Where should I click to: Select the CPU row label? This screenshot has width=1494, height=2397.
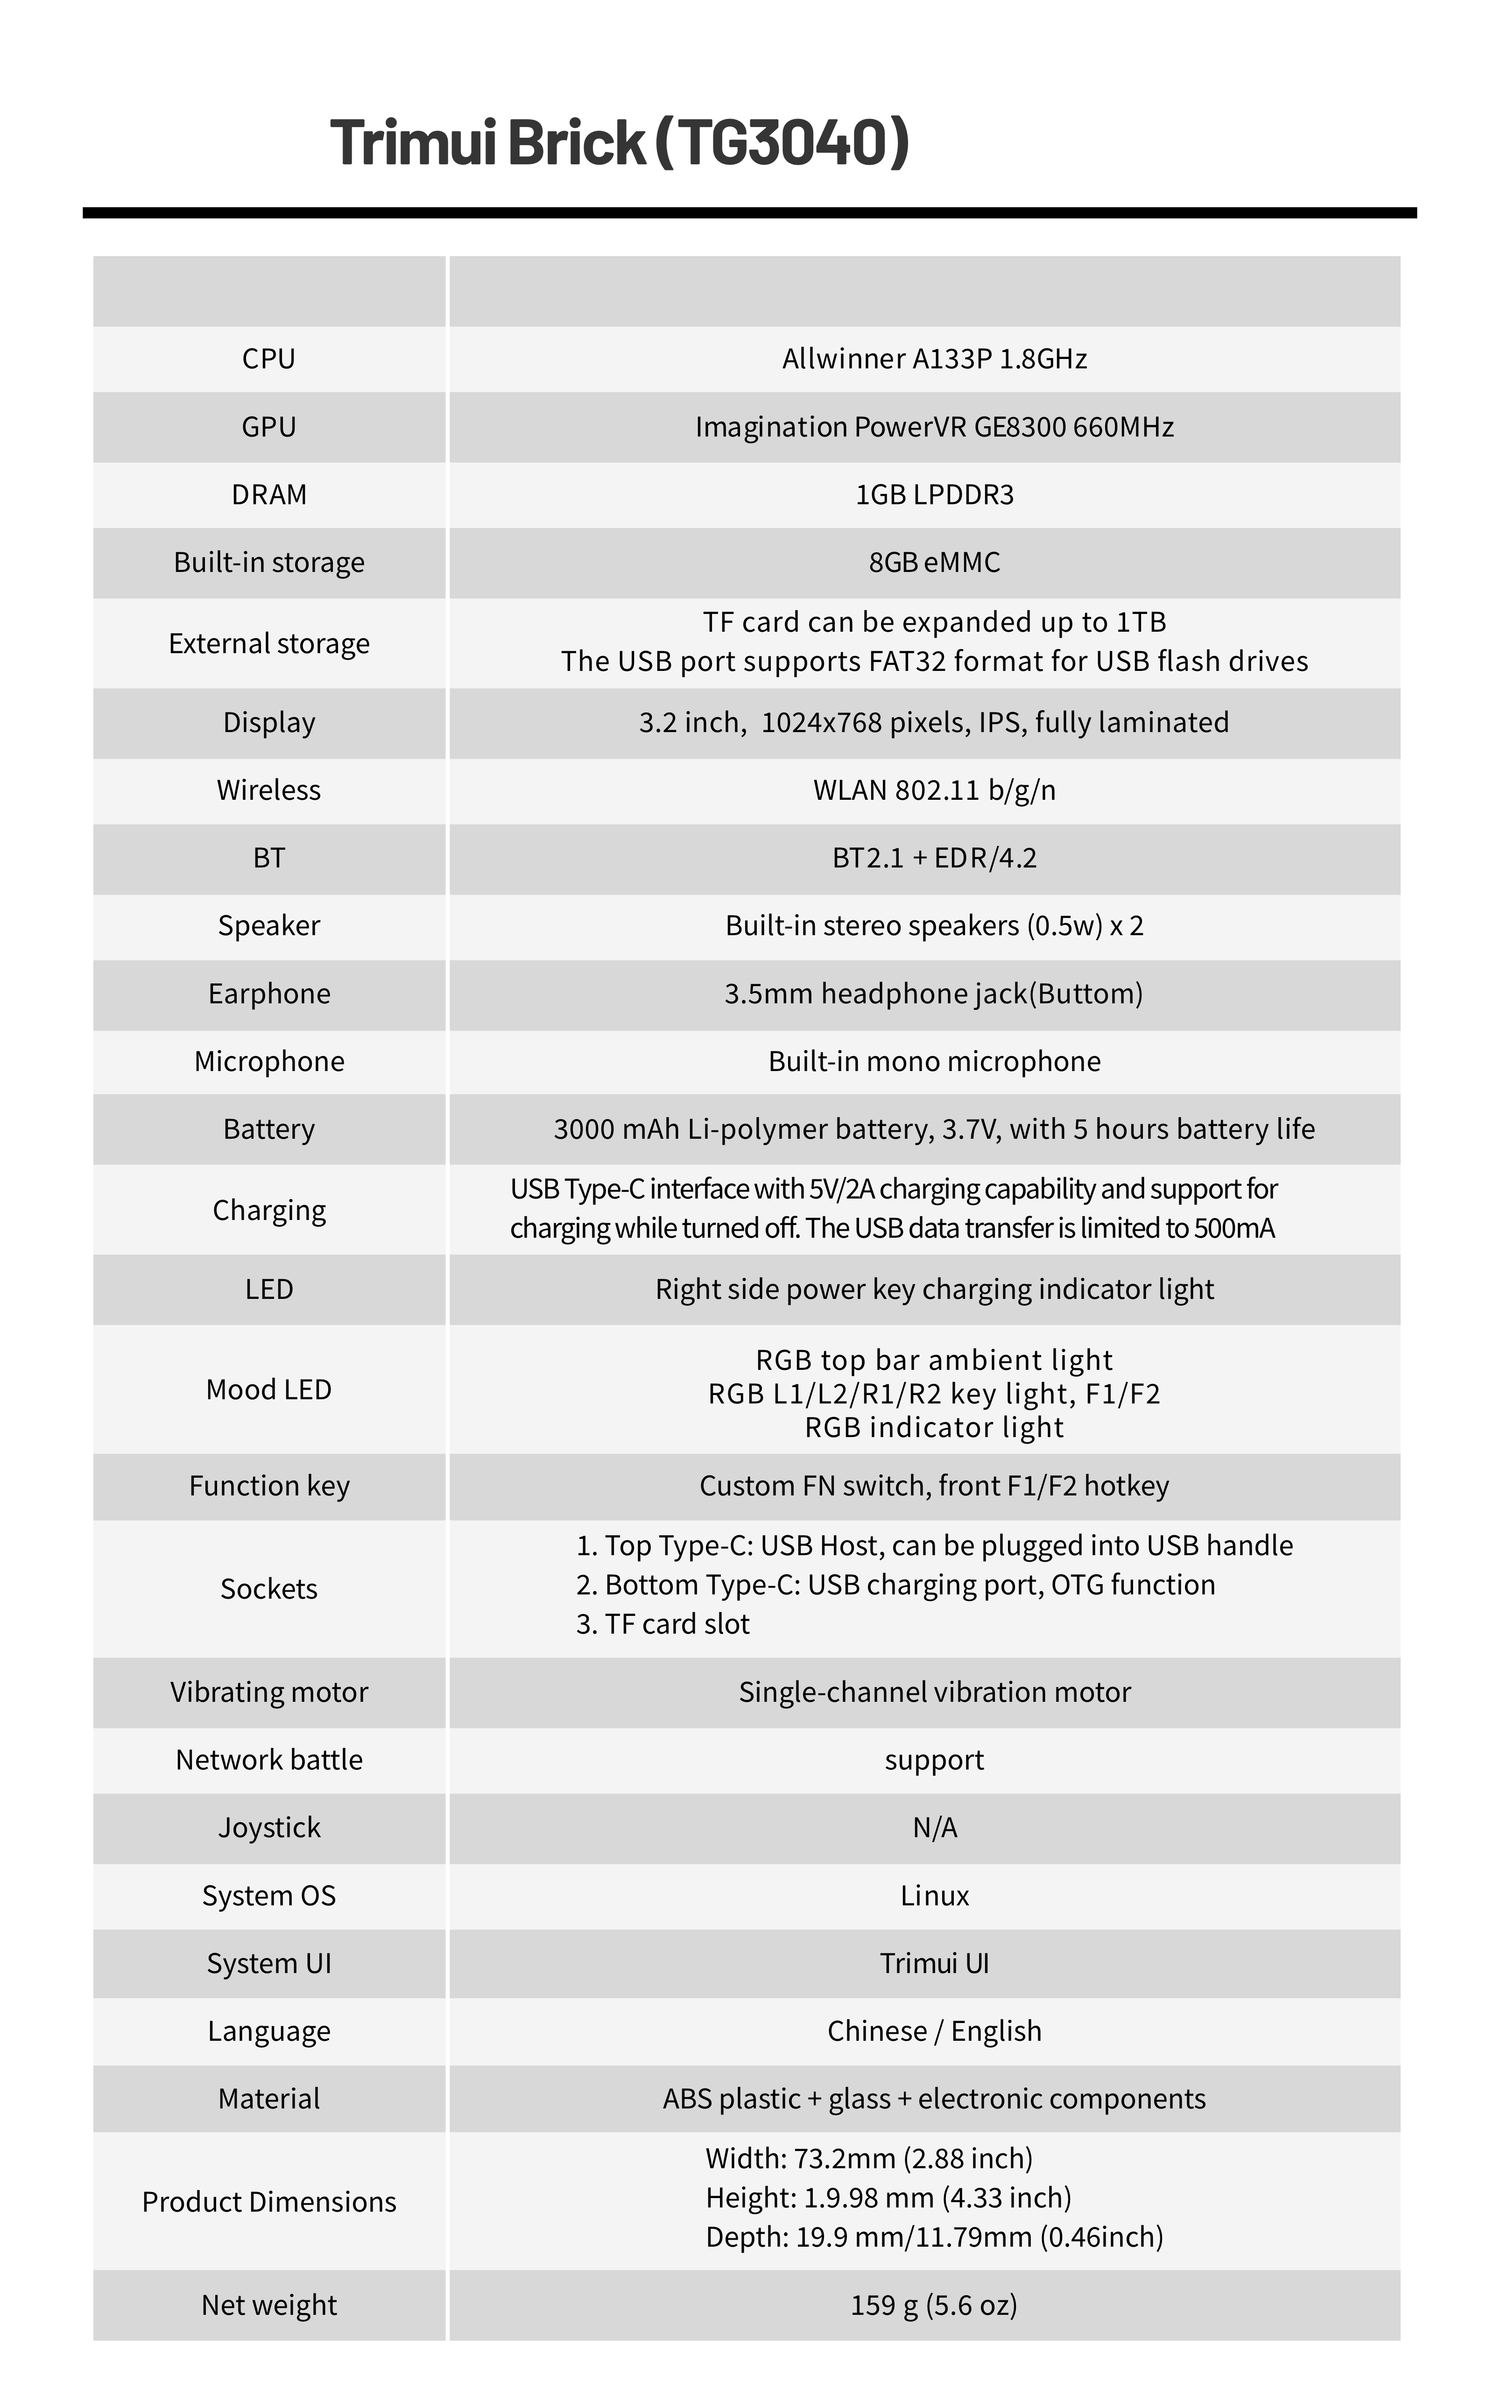[x=269, y=359]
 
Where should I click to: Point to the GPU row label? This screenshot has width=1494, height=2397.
[x=269, y=427]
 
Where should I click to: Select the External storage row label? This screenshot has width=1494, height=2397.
[x=269, y=643]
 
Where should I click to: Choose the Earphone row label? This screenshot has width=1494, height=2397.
[x=269, y=993]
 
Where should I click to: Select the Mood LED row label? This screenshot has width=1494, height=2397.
[x=269, y=1389]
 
